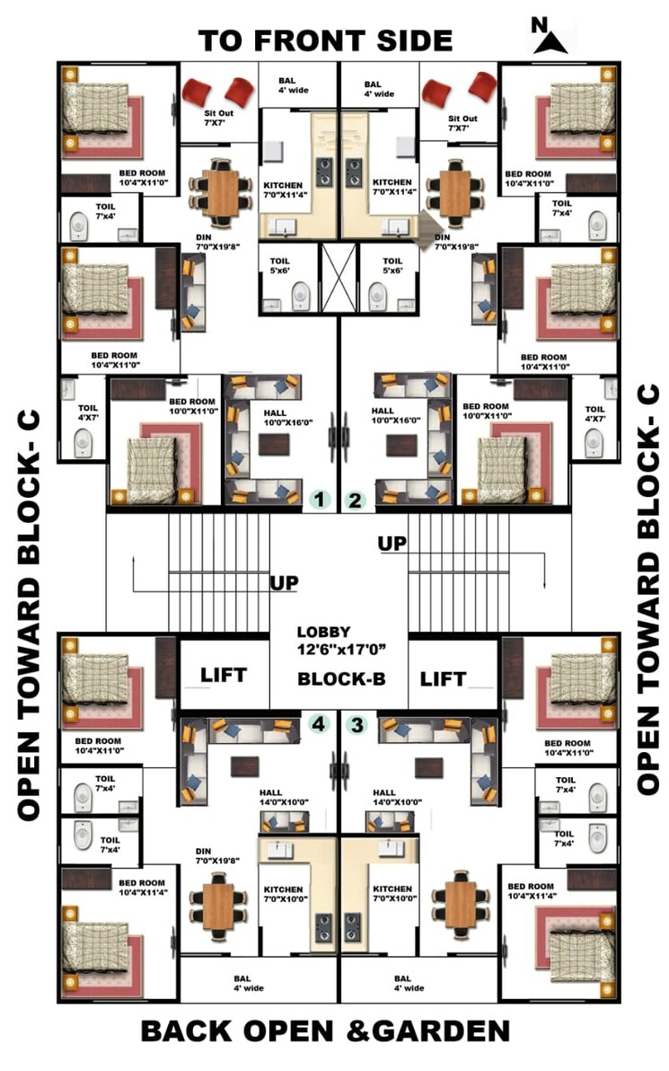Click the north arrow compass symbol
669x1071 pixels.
coord(546,37)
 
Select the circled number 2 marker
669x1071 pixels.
coord(356,500)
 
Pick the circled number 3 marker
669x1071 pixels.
coord(357,723)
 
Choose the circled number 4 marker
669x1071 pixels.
coord(317,722)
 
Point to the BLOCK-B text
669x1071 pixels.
coord(341,678)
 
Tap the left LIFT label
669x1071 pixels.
coord(224,676)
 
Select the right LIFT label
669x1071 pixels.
coord(444,677)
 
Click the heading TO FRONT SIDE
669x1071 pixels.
coord(325,40)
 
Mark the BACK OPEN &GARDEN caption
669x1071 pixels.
coord(325,1031)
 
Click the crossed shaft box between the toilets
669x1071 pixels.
coord(339,277)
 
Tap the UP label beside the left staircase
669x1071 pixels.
coord(285,583)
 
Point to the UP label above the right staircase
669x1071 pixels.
coord(392,543)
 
